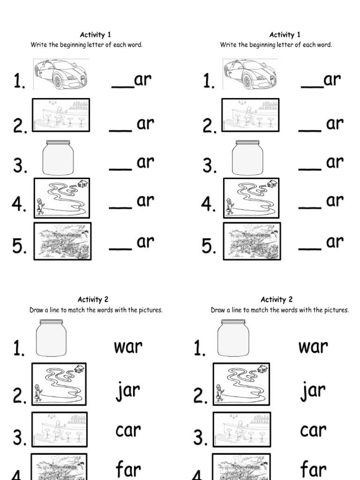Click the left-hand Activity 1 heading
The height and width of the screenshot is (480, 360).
pyautogui.click(x=96, y=35)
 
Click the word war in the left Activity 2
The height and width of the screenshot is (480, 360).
pyautogui.click(x=128, y=348)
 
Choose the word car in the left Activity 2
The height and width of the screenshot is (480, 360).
pyautogui.click(x=128, y=431)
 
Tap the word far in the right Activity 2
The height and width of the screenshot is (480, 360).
pyautogui.click(x=314, y=469)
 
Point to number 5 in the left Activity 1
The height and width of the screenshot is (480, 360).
pyautogui.click(x=20, y=247)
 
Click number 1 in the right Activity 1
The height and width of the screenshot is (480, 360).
pyautogui.click(x=209, y=82)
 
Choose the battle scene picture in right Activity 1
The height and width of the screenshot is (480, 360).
pyautogui.click(x=252, y=241)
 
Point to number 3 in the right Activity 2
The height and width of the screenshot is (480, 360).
pyautogui.click(x=201, y=438)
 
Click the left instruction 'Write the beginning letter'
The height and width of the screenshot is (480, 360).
pyautogui.click(x=87, y=45)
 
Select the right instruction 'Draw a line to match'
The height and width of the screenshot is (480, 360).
pyautogui.click(x=280, y=310)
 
